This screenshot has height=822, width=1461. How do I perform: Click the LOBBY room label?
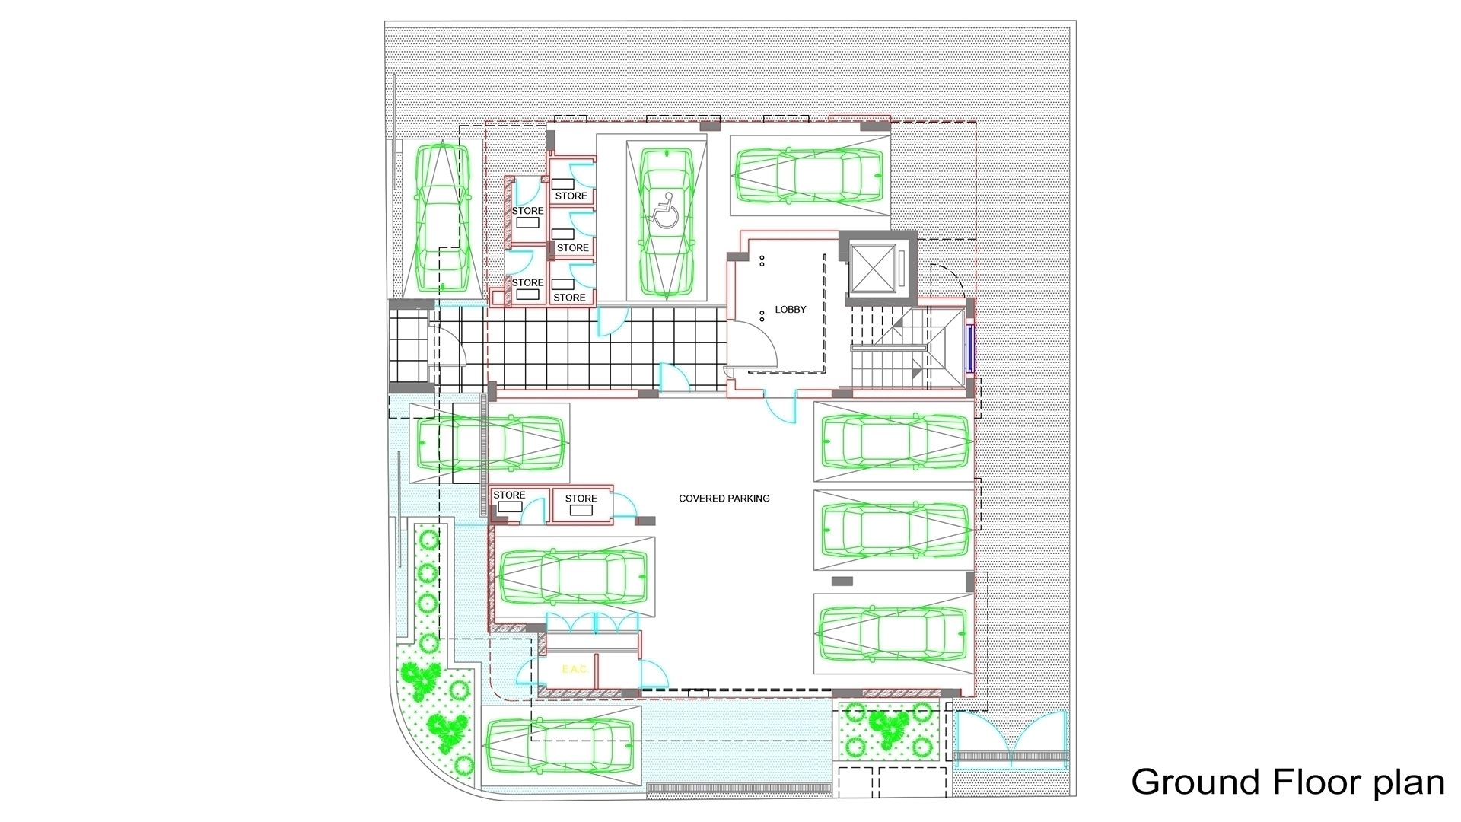tap(790, 310)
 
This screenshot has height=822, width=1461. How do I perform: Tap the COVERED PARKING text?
tap(724, 499)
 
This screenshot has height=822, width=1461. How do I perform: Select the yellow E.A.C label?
tap(574, 669)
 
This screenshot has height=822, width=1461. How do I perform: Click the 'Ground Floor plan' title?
tap(1288, 782)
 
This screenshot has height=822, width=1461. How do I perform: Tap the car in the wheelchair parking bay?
tap(667, 221)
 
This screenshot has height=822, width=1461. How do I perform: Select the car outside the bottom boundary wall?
tap(559, 747)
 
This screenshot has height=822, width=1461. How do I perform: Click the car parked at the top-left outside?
tap(441, 218)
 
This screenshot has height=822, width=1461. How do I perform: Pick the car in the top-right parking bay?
tap(810, 175)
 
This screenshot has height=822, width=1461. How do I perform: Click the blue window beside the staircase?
tap(970, 348)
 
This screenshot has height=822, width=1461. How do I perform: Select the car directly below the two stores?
tap(573, 577)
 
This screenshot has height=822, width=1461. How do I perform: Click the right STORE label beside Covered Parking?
tap(581, 499)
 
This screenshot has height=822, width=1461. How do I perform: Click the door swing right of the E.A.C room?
tap(653, 674)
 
